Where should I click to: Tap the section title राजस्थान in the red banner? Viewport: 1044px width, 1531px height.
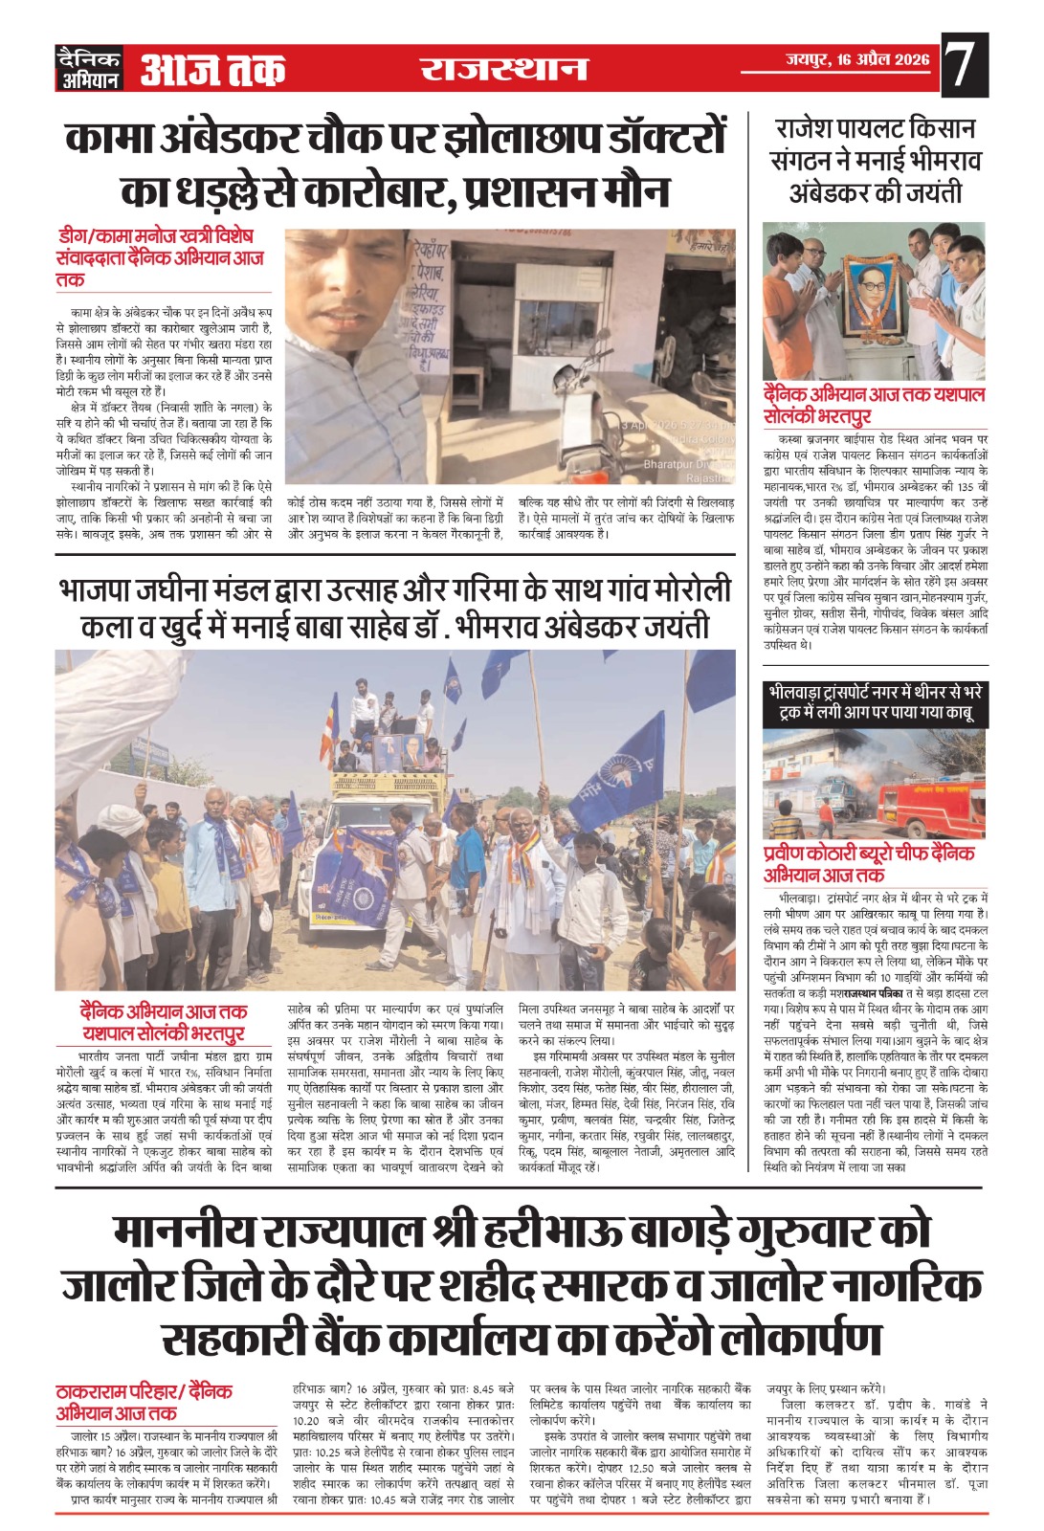503,69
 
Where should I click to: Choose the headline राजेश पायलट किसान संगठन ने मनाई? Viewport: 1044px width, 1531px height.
875,160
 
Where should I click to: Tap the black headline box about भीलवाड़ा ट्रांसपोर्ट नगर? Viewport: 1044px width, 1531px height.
875,703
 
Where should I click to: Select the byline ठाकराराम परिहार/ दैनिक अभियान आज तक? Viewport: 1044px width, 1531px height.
144,1402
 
